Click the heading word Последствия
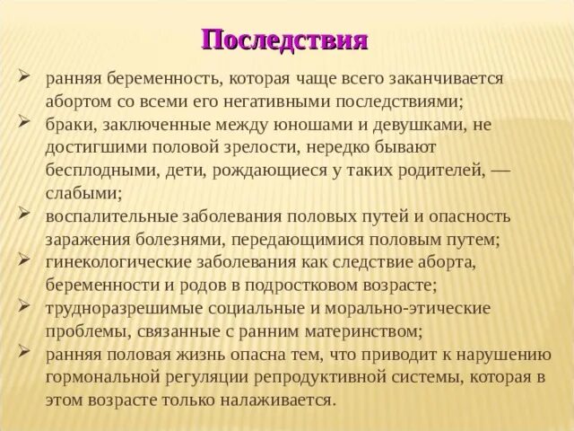(285, 40)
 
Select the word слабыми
(79, 191)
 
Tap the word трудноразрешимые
(123, 309)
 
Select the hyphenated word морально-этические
(413, 309)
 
